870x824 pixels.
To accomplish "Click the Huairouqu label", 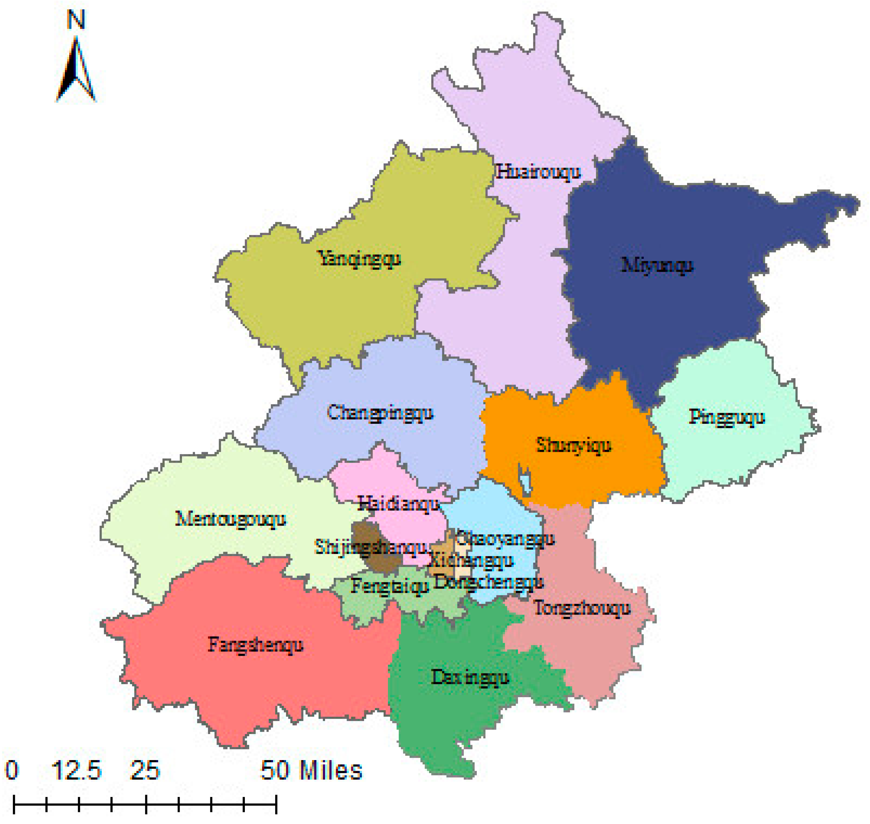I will click(538, 172).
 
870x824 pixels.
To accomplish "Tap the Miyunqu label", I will click(657, 265).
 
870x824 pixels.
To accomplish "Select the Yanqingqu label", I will click(359, 258).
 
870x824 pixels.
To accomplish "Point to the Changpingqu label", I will click(380, 413).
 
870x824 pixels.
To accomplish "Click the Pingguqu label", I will click(727, 417).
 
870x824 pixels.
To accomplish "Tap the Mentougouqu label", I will click(231, 519).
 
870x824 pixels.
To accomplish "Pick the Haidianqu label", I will click(398, 503).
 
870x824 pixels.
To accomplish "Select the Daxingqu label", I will click(470, 677).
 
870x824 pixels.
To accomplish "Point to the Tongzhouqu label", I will click(582, 608).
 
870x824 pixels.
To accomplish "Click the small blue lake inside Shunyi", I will click(525, 479).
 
